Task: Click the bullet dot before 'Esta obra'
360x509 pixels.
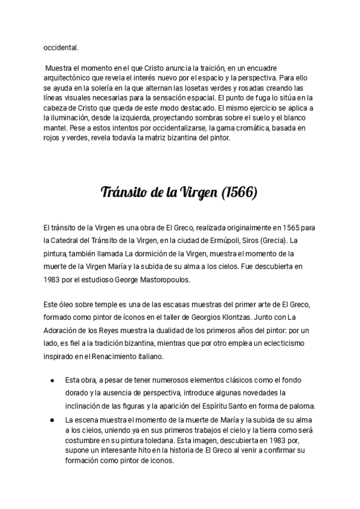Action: [53, 380]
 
